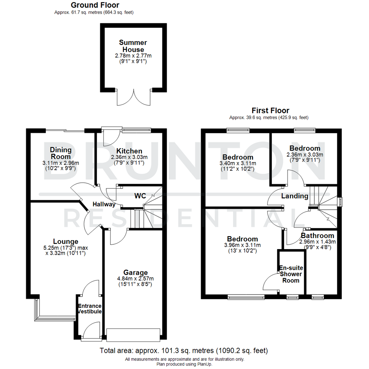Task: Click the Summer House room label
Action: (133, 46)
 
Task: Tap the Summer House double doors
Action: (133, 97)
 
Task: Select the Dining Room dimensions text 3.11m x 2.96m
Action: (61, 163)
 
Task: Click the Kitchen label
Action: (129, 151)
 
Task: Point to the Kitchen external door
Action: (110, 137)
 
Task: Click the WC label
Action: (140, 196)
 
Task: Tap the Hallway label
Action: (104, 204)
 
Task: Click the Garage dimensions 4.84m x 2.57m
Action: (136, 278)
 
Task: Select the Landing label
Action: (295, 196)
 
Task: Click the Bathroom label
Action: (317, 236)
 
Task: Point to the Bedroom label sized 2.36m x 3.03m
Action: (305, 148)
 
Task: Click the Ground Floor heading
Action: (95, 5)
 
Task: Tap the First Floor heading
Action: (270, 110)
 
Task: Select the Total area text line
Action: (184, 351)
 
